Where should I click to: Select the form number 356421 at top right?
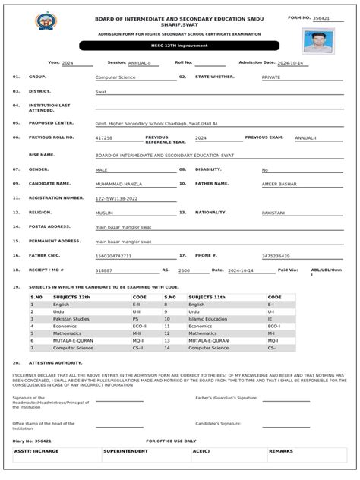pos(322,17)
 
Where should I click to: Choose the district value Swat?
pos(100,92)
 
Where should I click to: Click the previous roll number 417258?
pos(104,138)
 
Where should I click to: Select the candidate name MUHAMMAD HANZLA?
pos(118,185)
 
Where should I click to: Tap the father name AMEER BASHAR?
pos(279,185)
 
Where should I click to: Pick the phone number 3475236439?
pos(276,256)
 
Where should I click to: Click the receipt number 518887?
pos(104,270)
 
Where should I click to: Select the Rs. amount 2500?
pos(184,270)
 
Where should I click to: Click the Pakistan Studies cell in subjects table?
pos(71,319)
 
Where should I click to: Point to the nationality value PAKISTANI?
pos(273,213)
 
